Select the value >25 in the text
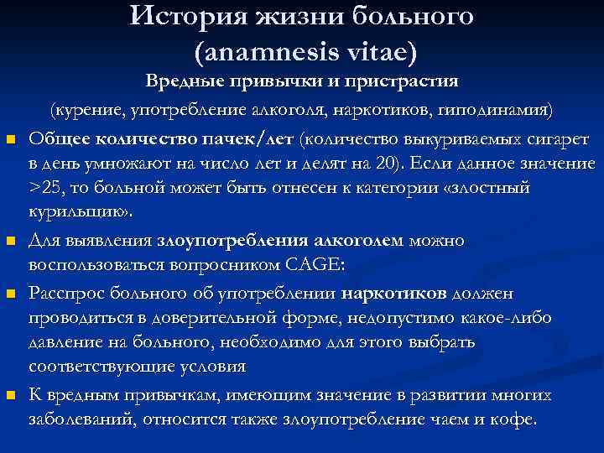coord(44,186)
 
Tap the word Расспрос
coord(65,294)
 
